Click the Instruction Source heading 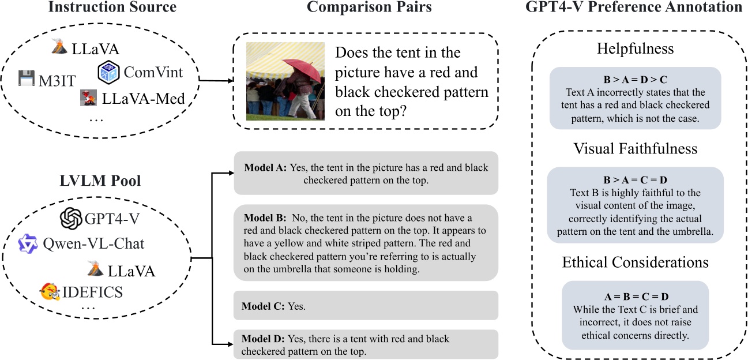112,7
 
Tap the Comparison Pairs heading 370,7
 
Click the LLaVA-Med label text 144,99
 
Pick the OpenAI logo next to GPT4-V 72,219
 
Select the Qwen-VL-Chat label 93,243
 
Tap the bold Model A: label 266,168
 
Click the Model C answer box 366,305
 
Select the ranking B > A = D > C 635,80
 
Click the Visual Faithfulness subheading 635,148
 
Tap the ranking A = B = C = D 635,297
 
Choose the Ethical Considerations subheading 635,262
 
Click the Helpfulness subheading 635,49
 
